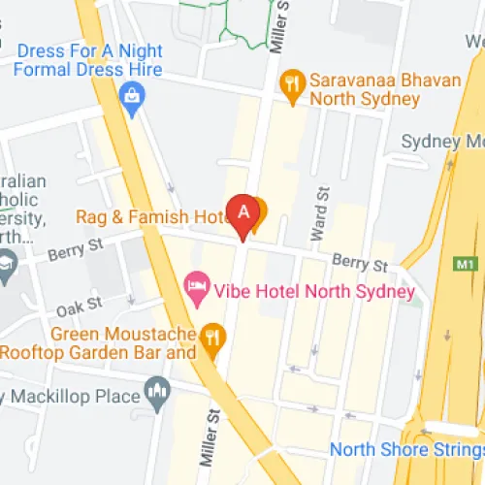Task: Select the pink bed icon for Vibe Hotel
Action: [x=197, y=286]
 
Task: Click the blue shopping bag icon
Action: [x=129, y=94]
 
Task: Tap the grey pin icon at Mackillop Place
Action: [x=155, y=392]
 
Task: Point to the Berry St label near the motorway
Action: [x=361, y=263]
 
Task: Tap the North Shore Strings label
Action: [x=405, y=449]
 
